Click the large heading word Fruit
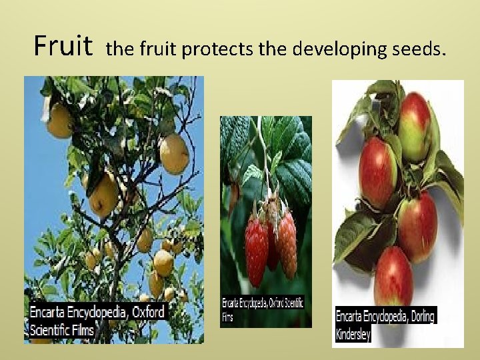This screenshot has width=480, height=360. click(x=63, y=47)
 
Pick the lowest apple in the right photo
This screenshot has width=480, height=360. click(x=393, y=275)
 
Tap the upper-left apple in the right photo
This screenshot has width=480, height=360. click(x=378, y=172)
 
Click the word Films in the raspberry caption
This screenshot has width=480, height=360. click(x=229, y=317)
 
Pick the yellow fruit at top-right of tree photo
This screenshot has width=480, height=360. click(x=174, y=153)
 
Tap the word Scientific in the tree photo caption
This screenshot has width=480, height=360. click(x=53, y=329)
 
